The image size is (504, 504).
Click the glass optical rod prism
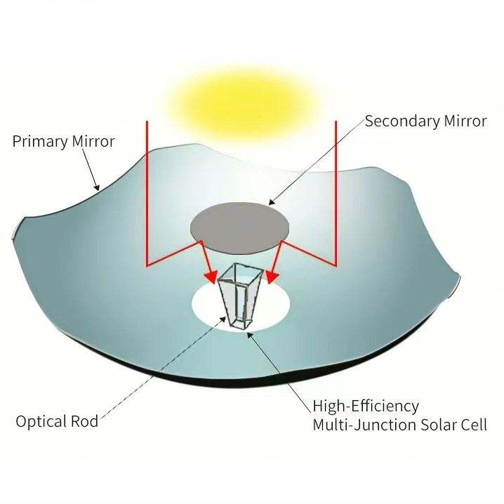(x=237, y=295)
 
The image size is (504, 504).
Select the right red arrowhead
(x=271, y=274)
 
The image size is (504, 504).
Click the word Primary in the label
(x=41, y=141)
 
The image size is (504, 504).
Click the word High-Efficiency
(x=366, y=406)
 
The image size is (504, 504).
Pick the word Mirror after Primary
(x=93, y=141)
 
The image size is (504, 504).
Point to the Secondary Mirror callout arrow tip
(x=270, y=204)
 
